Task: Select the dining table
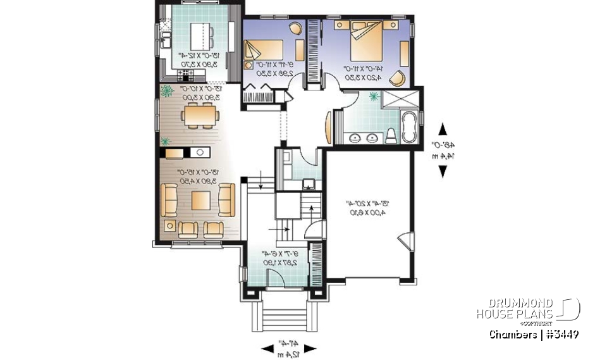coord(200,116)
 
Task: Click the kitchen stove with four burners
coord(187,74)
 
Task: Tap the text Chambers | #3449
coord(534,334)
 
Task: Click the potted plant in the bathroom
coord(374,97)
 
